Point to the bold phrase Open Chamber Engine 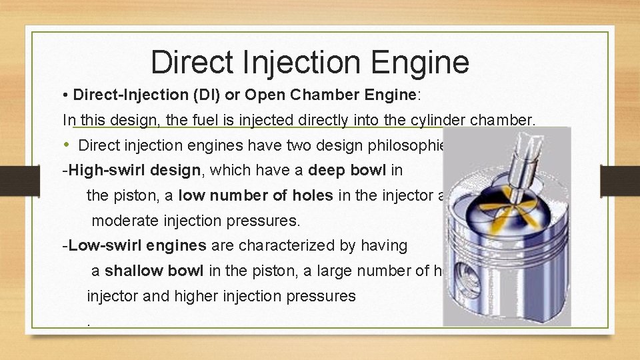point(330,95)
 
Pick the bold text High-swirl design point(131,170)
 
